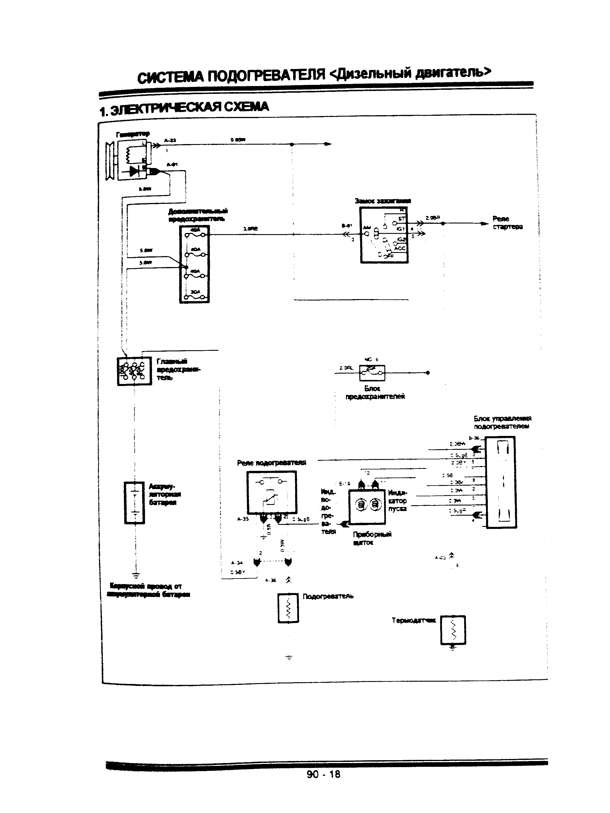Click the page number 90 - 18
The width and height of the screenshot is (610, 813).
pyautogui.click(x=323, y=774)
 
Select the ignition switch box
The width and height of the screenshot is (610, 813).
pyautogui.click(x=384, y=235)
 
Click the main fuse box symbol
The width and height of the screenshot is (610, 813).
pyautogui.click(x=134, y=371)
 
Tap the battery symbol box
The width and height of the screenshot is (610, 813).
pyautogui.click(x=135, y=502)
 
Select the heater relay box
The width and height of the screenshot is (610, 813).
pyautogui.click(x=271, y=493)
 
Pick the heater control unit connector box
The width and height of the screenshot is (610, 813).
pyautogui.click(x=501, y=482)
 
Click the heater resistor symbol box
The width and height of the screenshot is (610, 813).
pyautogui.click(x=288, y=608)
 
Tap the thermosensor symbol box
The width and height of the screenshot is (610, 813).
pyautogui.click(x=453, y=630)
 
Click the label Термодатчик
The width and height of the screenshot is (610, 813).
pyautogui.click(x=414, y=620)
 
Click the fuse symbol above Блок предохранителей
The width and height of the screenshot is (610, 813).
pyautogui.click(x=372, y=373)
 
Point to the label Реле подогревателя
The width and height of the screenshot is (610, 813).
pyautogui.click(x=271, y=463)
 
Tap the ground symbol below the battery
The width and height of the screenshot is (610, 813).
pyautogui.click(x=136, y=575)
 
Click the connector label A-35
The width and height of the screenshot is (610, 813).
pyautogui.click(x=243, y=519)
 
